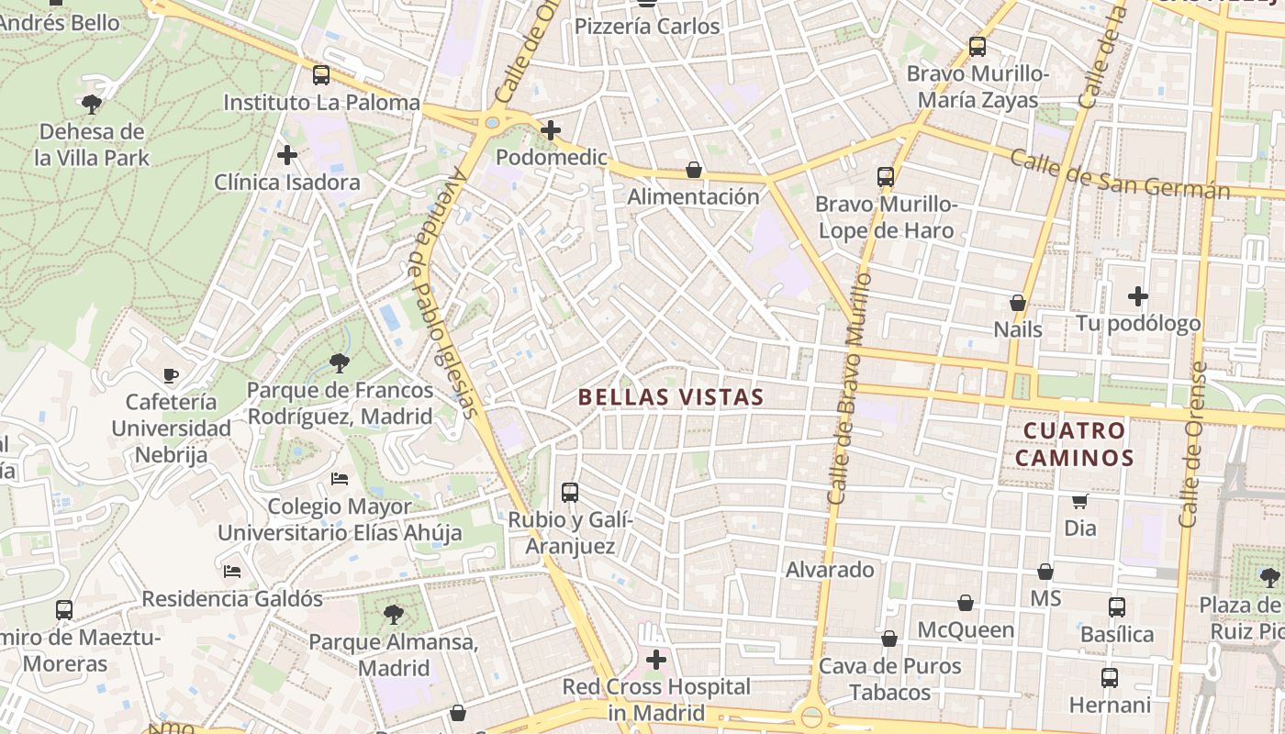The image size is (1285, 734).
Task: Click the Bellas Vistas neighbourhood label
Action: [x=671, y=397]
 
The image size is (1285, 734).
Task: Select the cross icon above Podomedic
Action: [x=551, y=130]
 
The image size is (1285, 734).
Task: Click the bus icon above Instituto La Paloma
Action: [x=320, y=75]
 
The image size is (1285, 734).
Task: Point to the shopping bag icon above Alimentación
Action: [x=694, y=170]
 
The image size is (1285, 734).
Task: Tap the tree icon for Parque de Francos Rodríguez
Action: [x=340, y=363]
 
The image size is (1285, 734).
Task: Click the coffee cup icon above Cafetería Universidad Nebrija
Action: [x=171, y=375]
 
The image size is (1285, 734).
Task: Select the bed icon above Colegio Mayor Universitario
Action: [x=340, y=479]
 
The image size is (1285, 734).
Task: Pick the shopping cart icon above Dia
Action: [x=1080, y=501]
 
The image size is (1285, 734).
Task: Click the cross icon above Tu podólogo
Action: [x=1138, y=296]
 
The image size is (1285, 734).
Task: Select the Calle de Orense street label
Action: [x=1192, y=445]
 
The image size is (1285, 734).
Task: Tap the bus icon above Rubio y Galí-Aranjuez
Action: [x=570, y=493]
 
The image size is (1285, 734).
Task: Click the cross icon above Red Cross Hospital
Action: [x=656, y=660]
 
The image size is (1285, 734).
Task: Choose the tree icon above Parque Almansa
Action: [x=394, y=614]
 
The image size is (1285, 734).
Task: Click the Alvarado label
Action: [x=830, y=570]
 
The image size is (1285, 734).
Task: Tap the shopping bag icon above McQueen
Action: [x=966, y=603]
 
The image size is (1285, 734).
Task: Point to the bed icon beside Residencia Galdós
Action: [x=232, y=572]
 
